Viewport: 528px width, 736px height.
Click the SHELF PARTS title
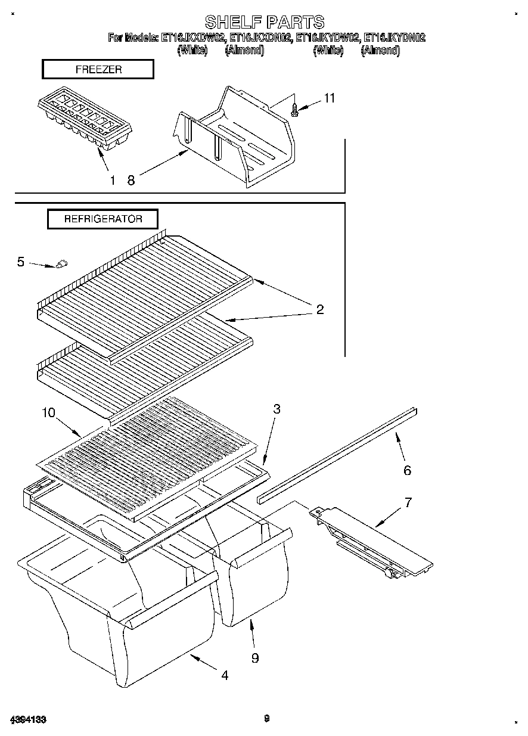(x=265, y=23)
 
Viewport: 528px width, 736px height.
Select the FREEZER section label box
(x=98, y=70)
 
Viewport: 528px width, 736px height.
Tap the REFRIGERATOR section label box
(x=103, y=219)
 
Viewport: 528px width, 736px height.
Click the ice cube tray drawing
(x=84, y=122)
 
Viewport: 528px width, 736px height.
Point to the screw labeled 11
(x=294, y=110)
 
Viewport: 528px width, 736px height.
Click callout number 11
(x=329, y=98)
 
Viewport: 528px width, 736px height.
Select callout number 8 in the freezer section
(x=131, y=181)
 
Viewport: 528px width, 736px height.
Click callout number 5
(x=21, y=261)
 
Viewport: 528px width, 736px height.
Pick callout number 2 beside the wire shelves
(x=320, y=309)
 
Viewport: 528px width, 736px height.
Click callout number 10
(x=49, y=412)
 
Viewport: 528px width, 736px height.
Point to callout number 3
(x=277, y=409)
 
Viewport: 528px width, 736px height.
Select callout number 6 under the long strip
(x=407, y=470)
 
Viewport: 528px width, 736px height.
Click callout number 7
(x=408, y=502)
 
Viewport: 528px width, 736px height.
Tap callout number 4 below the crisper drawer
(x=225, y=675)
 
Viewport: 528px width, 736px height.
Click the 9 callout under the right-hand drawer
(x=255, y=658)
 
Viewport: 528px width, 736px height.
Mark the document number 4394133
(x=28, y=719)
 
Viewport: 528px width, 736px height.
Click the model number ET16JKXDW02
(x=192, y=38)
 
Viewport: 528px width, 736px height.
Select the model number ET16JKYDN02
(x=395, y=38)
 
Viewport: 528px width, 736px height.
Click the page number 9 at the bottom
(x=266, y=719)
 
